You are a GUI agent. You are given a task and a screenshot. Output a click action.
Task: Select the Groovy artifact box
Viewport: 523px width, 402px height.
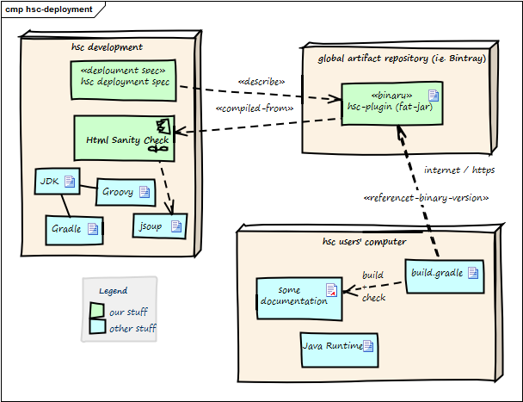[125, 192]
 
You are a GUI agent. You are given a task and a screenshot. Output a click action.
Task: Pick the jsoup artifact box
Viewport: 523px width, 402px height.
[160, 226]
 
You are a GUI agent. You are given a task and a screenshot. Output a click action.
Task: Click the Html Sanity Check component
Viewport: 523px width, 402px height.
[125, 139]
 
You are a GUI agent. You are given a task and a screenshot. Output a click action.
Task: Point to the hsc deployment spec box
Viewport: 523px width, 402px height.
[125, 77]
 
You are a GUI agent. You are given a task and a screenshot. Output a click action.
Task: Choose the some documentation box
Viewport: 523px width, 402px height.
[298, 296]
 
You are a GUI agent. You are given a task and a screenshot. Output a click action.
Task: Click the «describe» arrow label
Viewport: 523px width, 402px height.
[261, 82]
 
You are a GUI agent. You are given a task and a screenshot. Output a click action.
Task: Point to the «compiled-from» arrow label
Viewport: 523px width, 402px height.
[255, 109]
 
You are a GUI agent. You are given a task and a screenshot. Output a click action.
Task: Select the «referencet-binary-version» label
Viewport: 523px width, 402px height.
[427, 199]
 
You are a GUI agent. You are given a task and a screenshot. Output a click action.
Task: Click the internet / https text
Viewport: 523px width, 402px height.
[459, 170]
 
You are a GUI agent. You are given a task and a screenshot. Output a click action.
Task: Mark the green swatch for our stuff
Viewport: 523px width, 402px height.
[97, 310]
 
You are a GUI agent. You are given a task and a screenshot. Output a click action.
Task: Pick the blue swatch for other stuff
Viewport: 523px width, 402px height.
[97, 327]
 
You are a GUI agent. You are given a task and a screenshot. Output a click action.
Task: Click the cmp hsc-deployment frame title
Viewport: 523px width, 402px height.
[49, 8]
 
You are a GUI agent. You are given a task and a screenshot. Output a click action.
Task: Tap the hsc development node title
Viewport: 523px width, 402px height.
[107, 46]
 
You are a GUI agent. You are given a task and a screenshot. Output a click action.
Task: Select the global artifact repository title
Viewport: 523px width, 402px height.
[402, 59]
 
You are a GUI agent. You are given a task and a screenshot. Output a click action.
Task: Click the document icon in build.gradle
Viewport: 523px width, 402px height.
[473, 273]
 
